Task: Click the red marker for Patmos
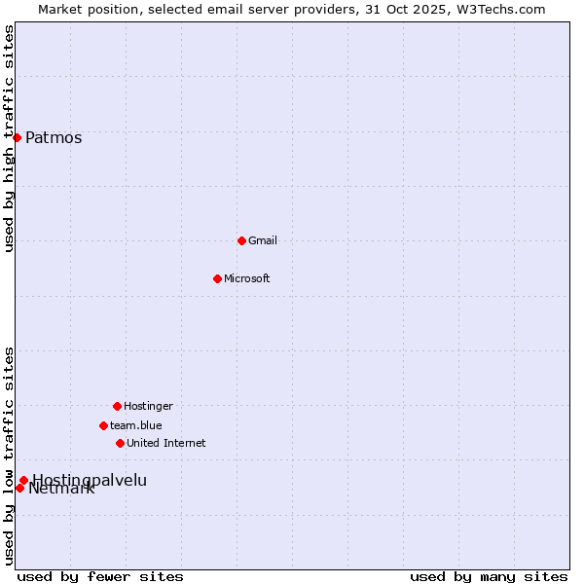(17, 137)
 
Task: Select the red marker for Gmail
(241, 240)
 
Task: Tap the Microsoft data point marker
(217, 278)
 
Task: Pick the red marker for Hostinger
(117, 406)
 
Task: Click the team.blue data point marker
(103, 425)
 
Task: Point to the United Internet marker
(120, 443)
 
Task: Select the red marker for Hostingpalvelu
(23, 480)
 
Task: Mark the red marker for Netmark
(19, 488)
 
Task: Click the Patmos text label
(54, 137)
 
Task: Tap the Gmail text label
(263, 240)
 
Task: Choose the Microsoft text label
(247, 278)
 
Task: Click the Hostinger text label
(148, 406)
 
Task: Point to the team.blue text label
(136, 425)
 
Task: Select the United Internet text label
(166, 443)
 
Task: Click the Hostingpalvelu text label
(90, 479)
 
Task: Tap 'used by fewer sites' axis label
(100, 576)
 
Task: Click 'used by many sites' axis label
(489, 576)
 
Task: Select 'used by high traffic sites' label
(9, 138)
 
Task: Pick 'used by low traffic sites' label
(9, 456)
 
